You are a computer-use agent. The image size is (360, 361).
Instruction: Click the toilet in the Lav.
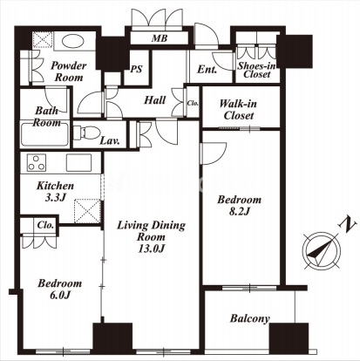(x=83, y=133)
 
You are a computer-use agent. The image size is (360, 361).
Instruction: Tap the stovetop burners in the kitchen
(x=36, y=163)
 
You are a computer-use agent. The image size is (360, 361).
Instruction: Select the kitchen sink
(x=78, y=163)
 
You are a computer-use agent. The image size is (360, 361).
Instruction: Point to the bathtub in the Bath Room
(x=44, y=134)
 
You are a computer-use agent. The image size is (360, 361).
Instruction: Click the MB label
(x=160, y=38)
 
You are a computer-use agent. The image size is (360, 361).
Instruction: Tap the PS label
(x=136, y=69)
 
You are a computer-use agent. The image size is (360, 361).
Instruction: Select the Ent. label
(x=207, y=70)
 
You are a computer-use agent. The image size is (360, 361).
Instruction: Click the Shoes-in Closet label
(x=256, y=70)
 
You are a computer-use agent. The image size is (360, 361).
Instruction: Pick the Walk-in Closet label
(x=238, y=110)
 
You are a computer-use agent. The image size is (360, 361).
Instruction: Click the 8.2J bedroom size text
(x=240, y=211)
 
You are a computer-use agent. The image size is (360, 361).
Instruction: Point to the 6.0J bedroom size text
(x=60, y=295)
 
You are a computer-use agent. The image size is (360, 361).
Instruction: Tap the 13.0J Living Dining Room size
(x=152, y=249)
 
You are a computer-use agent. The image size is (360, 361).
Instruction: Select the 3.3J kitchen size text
(x=55, y=198)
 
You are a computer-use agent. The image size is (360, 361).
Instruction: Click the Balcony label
(x=249, y=318)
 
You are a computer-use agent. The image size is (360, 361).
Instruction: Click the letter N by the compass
(x=347, y=225)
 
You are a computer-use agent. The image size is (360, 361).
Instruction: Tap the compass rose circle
(x=321, y=251)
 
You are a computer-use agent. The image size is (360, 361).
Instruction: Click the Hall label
(x=155, y=100)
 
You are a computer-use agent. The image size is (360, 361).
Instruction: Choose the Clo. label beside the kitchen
(x=45, y=225)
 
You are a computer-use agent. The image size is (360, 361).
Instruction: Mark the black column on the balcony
(x=289, y=337)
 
